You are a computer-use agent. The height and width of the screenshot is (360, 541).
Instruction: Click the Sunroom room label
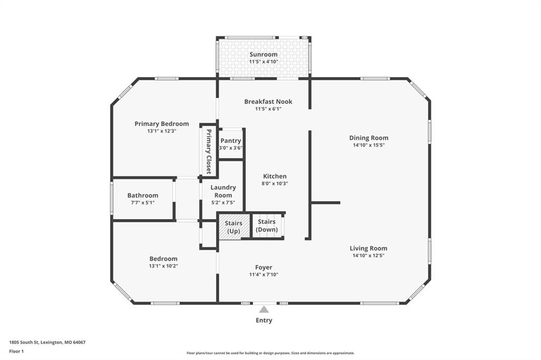(x=263, y=54)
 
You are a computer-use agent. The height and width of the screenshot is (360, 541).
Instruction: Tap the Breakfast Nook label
(x=268, y=102)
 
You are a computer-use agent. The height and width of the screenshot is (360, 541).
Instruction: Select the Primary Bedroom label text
(x=162, y=124)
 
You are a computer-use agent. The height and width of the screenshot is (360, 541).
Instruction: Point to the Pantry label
(x=230, y=141)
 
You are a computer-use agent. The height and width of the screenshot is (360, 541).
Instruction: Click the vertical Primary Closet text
(x=209, y=151)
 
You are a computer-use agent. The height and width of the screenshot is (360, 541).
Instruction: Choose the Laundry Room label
(x=223, y=192)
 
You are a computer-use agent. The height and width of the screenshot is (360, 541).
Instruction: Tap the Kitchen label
(x=275, y=176)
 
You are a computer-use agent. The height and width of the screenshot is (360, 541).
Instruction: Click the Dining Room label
(x=368, y=138)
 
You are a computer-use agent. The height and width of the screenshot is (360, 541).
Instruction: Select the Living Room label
(x=368, y=248)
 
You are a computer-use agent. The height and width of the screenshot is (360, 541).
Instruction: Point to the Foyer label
(x=264, y=267)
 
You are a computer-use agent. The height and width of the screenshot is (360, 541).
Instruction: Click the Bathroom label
(x=143, y=195)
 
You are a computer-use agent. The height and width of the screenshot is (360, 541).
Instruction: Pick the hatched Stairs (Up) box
(x=234, y=226)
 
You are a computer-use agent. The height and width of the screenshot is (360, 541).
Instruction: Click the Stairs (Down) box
(x=267, y=225)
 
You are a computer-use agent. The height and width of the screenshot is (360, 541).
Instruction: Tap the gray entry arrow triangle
(x=264, y=309)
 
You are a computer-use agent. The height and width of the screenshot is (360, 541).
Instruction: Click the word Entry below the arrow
(x=264, y=320)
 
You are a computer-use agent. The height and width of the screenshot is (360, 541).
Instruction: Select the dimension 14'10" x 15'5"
(x=368, y=145)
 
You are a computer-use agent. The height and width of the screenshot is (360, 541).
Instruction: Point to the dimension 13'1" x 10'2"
(x=164, y=266)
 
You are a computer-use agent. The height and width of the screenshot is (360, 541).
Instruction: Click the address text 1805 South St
(x=24, y=343)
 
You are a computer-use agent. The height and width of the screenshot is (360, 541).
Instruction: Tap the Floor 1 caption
(x=16, y=352)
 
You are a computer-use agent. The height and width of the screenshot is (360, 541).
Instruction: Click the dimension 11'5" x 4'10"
(x=264, y=62)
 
